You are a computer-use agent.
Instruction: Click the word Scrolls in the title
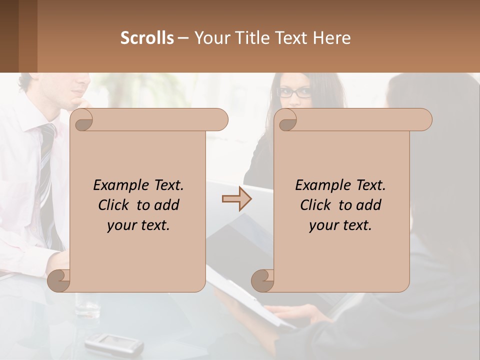click(x=147, y=38)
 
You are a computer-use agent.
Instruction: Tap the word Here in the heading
click(x=331, y=38)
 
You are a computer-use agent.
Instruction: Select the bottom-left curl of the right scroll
click(x=262, y=280)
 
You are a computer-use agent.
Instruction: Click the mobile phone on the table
click(x=113, y=343)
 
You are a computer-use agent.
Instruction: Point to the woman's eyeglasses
click(x=294, y=92)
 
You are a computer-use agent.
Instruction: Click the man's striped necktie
click(x=46, y=165)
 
